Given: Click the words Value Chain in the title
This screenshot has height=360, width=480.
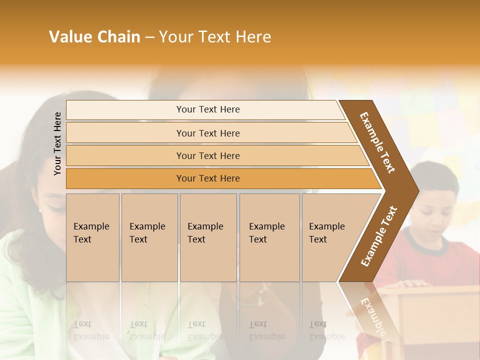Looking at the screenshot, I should coord(94,37).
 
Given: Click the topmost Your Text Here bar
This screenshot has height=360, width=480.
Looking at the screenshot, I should coord(207,109).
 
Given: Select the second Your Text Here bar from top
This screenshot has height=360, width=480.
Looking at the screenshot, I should coord(207,133).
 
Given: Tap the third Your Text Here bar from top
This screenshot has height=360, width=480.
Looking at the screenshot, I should coord(207,155).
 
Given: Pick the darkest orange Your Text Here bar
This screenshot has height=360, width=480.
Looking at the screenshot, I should coord(207,178).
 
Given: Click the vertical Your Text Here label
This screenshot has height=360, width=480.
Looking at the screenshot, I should coord(57,143).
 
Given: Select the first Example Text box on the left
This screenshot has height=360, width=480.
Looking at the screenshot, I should coord(92,237).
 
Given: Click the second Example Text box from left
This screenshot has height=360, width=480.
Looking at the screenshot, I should coord(149,237).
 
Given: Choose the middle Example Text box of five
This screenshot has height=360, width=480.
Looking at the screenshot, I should coord(208,237).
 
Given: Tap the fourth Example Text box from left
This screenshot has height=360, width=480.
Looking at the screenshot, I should coord(269,237).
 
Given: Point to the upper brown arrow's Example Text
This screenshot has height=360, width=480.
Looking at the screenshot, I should coord(377,142).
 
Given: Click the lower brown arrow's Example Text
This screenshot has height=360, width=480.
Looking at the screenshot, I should coord(378,236).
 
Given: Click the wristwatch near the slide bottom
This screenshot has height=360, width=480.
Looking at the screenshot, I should coord(260,297).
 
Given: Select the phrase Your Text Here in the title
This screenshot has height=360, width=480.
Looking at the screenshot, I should coord(215,37).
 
